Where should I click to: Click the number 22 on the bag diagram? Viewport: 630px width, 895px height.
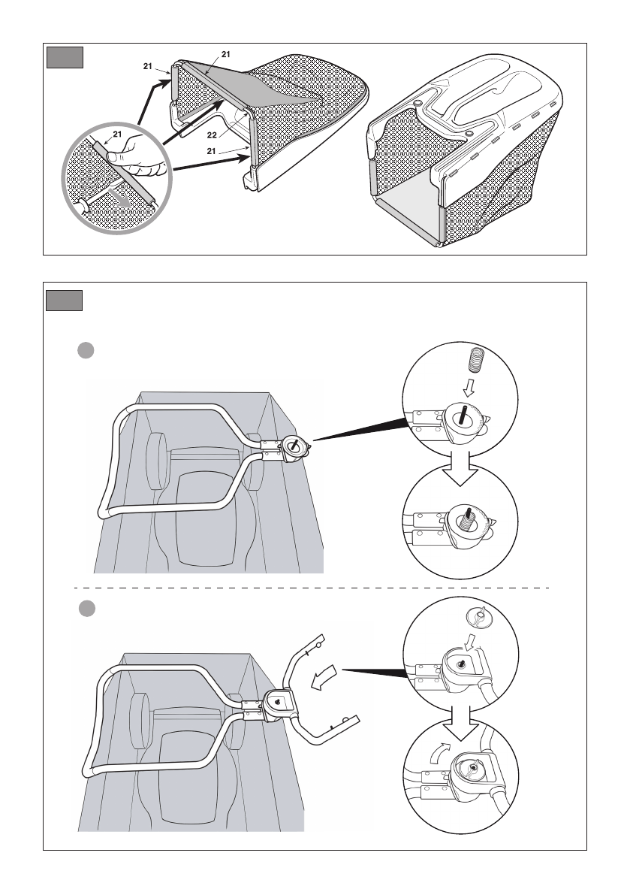pyautogui.click(x=213, y=137)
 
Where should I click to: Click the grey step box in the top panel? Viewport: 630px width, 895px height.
pyautogui.click(x=62, y=58)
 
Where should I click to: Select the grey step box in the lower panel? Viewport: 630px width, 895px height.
pyautogui.click(x=62, y=301)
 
